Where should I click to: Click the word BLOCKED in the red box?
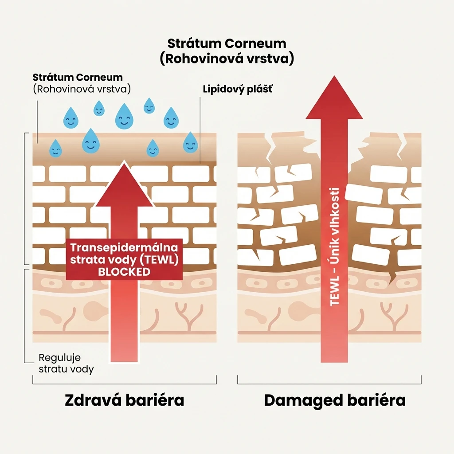[124, 272]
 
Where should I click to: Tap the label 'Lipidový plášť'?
[238, 89]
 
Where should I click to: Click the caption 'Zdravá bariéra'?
[125, 400]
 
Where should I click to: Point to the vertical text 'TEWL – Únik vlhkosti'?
[334, 247]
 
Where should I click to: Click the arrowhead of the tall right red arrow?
[334, 97]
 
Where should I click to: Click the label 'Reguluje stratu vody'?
[67, 364]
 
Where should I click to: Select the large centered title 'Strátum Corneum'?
[227, 43]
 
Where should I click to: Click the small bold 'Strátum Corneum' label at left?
[78, 77]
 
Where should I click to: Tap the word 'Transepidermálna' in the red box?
[124, 247]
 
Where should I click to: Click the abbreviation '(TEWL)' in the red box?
[159, 260]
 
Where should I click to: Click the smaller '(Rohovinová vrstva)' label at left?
[82, 89]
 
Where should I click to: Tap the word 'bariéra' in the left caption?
[155, 400]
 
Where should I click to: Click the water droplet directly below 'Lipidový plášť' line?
[191, 142]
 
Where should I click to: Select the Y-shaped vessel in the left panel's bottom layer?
[190, 317]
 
